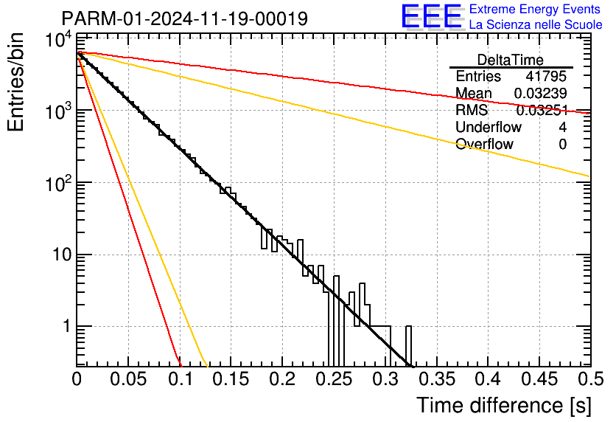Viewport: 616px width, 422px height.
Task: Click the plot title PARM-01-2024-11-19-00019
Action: (x=185, y=18)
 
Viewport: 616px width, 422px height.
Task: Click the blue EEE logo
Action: (x=431, y=16)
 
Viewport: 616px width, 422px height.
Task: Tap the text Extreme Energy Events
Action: (x=535, y=9)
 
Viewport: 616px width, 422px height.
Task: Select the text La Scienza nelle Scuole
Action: (x=536, y=24)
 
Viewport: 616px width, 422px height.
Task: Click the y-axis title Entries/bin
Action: (x=15, y=82)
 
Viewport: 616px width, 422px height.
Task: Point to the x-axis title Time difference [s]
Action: (x=504, y=405)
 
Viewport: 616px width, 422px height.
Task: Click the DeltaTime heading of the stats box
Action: (x=511, y=60)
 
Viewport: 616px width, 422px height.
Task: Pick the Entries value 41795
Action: (x=546, y=76)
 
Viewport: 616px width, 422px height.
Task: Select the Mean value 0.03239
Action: (x=541, y=93)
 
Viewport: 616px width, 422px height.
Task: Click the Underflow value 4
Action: (x=562, y=127)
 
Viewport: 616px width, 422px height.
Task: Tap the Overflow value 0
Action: (x=562, y=145)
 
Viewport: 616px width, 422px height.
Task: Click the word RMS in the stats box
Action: (x=472, y=110)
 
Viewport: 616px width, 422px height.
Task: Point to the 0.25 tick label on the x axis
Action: (x=335, y=379)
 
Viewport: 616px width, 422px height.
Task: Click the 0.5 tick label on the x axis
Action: (x=590, y=379)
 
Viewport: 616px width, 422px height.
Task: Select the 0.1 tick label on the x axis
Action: (x=181, y=379)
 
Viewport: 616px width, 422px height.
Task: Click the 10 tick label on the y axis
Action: (x=62, y=255)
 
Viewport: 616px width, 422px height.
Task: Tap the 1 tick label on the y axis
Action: (x=67, y=326)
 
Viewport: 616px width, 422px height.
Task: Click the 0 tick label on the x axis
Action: (x=77, y=379)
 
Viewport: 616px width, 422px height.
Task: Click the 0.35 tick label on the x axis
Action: (x=437, y=379)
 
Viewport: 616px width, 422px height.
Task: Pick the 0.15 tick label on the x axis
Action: (x=231, y=379)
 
